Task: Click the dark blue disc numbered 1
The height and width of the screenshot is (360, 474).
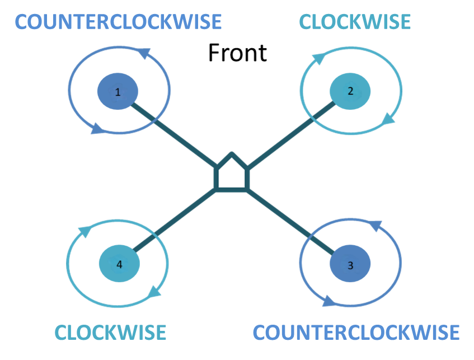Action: pos(118,91)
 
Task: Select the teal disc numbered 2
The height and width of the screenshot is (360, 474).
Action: pos(350,91)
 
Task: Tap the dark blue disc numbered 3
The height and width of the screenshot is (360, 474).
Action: pos(350,264)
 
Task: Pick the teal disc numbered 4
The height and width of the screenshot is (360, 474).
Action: pos(119,264)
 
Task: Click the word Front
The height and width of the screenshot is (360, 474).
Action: pos(238,53)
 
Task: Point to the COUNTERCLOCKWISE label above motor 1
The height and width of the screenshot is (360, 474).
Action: pos(118,22)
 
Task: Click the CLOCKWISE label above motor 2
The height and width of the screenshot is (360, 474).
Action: pos(355,22)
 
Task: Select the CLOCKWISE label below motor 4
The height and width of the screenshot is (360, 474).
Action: pos(110,333)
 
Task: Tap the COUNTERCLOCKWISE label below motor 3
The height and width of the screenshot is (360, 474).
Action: pos(356,333)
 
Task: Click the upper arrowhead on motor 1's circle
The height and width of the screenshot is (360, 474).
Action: pos(144,53)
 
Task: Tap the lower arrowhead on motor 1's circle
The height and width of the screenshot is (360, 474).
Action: pos(97,129)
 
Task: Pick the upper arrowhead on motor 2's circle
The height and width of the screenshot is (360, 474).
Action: pos(318,58)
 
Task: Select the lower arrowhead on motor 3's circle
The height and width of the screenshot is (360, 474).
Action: pos(329,301)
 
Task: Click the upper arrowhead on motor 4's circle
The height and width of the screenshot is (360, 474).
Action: pos(85,231)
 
